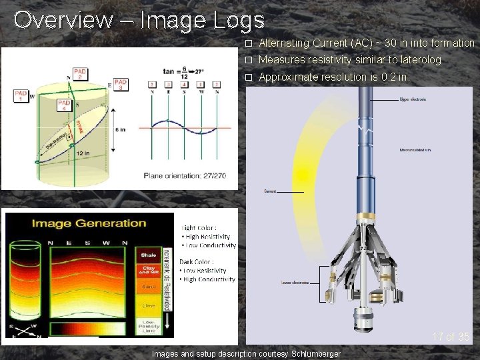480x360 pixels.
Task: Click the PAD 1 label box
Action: [x=21, y=96]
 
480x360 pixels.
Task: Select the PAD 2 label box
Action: [x=80, y=73]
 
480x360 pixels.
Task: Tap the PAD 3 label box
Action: [x=121, y=85]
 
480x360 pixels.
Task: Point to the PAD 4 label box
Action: [x=64, y=105]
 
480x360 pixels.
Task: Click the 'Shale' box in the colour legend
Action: [x=148, y=255]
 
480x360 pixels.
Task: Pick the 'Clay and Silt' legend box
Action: [x=148, y=271]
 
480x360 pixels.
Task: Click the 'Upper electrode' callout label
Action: [x=413, y=100]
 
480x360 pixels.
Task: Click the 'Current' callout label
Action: [x=270, y=191]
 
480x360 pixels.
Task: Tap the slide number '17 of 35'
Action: [x=451, y=337]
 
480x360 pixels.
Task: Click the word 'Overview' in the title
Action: [x=63, y=20]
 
